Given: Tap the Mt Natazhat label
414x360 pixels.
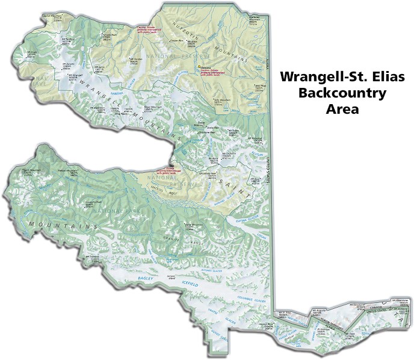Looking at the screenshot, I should coord(256,138).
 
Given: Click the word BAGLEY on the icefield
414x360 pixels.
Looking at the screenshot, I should coord(144,279).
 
